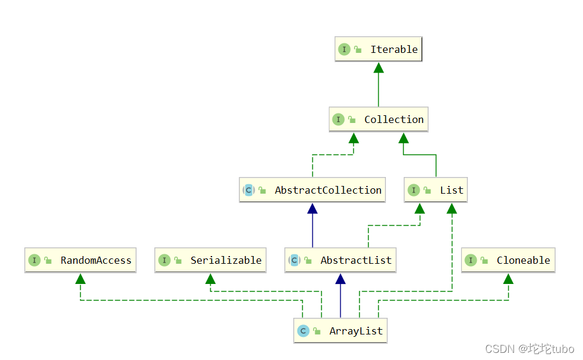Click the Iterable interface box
(x=378, y=49)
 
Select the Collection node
(x=378, y=119)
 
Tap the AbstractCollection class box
(x=312, y=190)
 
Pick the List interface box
(x=436, y=190)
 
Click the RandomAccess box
(x=80, y=260)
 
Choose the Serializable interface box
(x=210, y=260)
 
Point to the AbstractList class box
(x=340, y=260)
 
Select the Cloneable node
(x=508, y=260)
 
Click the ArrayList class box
(x=340, y=331)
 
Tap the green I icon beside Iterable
(x=344, y=49)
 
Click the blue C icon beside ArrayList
(x=303, y=331)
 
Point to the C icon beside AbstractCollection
(x=249, y=190)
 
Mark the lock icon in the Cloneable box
(x=486, y=261)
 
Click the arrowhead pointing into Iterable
(x=378, y=68)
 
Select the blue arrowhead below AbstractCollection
(x=312, y=208)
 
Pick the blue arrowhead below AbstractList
(x=340, y=279)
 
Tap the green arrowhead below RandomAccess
(x=80, y=279)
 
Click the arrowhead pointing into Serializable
(x=210, y=279)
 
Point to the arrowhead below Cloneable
(x=508, y=279)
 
